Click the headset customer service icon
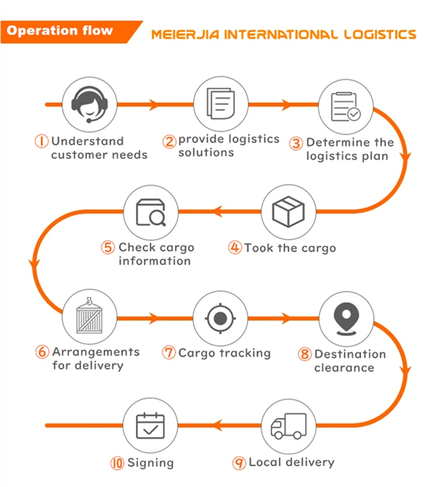pyautogui.click(x=91, y=105)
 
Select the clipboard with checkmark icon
pyautogui.click(x=345, y=106)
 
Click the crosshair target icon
pyautogui.click(x=220, y=318)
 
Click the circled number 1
pyautogui.click(x=42, y=142)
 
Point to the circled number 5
pyautogui.click(x=108, y=247)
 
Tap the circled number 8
pyautogui.click(x=305, y=355)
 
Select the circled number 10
pyautogui.click(x=117, y=463)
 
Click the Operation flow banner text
pyautogui.click(x=60, y=30)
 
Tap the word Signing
pyautogui.click(x=150, y=463)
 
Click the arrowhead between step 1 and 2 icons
pyautogui.click(x=155, y=105)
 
